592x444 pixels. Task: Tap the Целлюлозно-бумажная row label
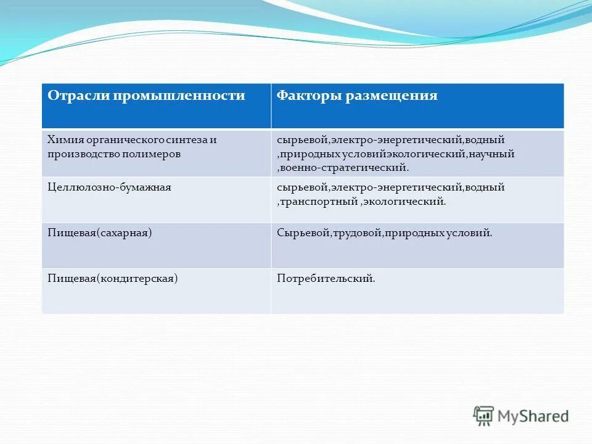(109, 186)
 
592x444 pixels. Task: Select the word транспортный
(319, 201)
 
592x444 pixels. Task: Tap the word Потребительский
(326, 279)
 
